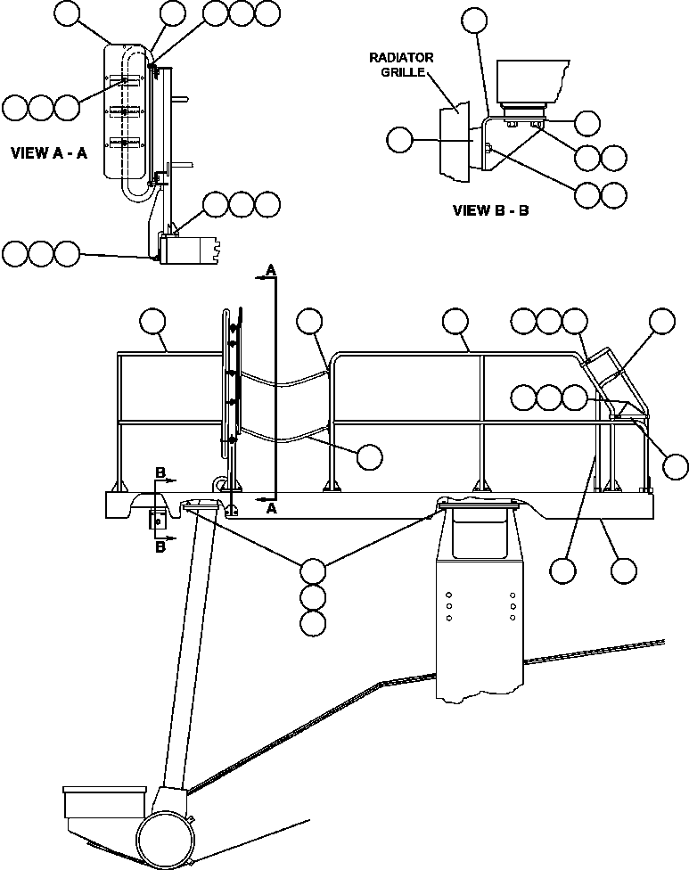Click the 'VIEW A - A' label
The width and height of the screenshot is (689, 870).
[x=48, y=152]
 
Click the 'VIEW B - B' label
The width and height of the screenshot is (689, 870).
[x=491, y=211]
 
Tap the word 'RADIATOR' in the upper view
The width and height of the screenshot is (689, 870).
[x=401, y=58]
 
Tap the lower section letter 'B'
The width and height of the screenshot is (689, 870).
[x=160, y=547]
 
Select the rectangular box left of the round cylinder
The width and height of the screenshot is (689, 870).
[x=103, y=801]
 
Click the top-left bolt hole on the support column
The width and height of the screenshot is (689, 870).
[x=448, y=594]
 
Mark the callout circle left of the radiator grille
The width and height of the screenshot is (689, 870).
[x=401, y=139]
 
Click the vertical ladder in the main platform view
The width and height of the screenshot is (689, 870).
[x=231, y=383]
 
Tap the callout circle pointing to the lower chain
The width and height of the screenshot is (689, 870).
[x=370, y=456]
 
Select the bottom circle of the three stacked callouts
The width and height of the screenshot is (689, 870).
[x=313, y=624]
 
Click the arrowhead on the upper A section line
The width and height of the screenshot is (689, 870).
[x=259, y=278]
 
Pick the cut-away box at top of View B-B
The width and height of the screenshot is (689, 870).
[x=529, y=81]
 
